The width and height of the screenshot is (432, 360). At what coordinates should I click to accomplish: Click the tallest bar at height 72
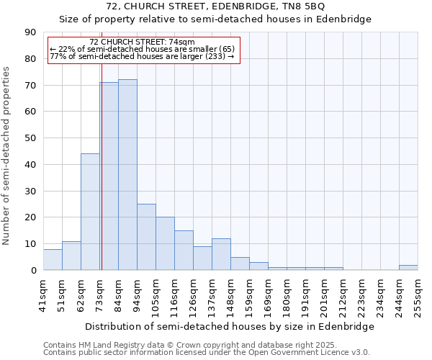[x=127, y=174]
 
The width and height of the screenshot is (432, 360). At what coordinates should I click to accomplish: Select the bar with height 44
[x=90, y=212]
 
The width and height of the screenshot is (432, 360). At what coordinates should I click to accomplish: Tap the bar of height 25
[x=146, y=237]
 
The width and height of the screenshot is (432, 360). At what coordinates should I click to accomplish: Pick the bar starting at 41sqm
[x=53, y=260]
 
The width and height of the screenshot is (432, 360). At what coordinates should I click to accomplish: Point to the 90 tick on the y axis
[x=30, y=32]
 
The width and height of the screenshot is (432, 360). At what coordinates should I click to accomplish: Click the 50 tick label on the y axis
[x=30, y=138]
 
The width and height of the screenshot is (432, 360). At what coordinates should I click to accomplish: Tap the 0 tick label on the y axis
[x=32, y=271]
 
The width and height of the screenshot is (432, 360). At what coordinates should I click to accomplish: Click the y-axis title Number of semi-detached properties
[x=7, y=156]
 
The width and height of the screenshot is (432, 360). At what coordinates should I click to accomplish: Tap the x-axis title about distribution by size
[x=230, y=327]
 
